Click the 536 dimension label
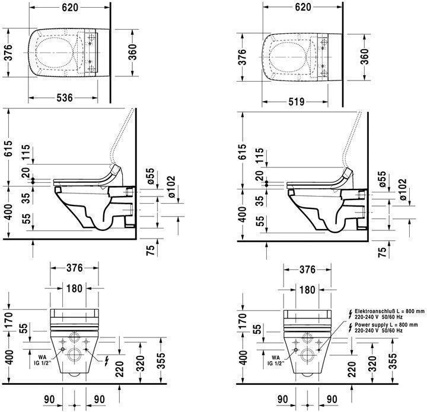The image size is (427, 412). (x=65, y=98)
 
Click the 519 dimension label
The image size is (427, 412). (x=297, y=102)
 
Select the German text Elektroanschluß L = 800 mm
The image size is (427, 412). (x=390, y=311)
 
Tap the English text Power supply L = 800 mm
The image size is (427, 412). (x=386, y=325)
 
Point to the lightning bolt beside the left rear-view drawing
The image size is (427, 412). (x=107, y=361)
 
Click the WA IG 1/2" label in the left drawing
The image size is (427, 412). (x=43, y=360)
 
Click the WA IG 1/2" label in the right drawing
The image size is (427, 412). (x=276, y=360)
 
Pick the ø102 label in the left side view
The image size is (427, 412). (x=171, y=187)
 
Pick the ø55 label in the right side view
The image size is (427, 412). (x=382, y=179)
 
